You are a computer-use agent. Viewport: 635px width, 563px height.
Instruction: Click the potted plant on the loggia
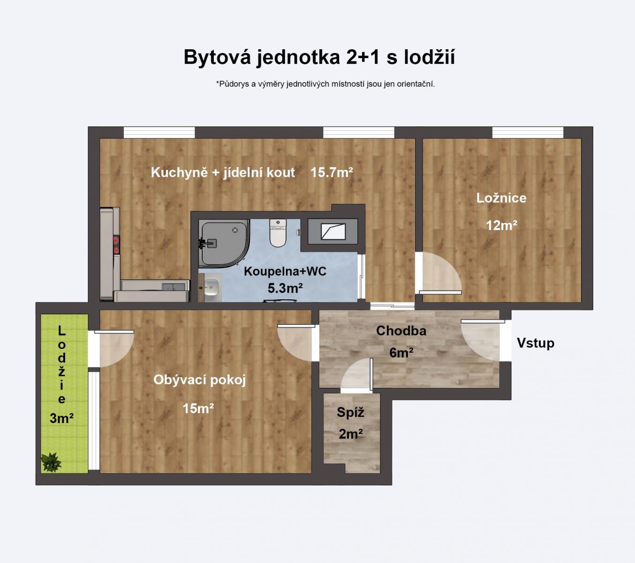(51, 462)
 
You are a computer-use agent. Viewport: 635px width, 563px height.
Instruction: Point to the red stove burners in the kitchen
(115, 245)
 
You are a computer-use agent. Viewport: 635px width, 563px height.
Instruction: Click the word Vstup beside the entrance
(535, 343)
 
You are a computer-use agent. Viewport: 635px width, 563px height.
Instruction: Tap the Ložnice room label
(501, 198)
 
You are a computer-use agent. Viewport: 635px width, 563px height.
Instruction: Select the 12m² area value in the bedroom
(501, 226)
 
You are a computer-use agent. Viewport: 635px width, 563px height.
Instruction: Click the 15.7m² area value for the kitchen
(331, 173)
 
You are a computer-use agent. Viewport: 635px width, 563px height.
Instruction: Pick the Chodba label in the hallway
(401, 331)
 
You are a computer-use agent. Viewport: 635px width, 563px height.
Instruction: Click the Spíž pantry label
(350, 412)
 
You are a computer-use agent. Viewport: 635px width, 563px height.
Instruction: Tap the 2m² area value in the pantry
(350, 434)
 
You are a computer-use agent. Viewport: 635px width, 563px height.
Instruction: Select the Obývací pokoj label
(199, 380)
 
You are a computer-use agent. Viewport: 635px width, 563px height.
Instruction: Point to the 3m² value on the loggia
(61, 418)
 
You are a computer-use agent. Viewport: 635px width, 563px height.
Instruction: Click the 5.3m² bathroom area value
(285, 288)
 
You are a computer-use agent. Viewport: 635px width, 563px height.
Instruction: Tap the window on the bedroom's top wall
(528, 132)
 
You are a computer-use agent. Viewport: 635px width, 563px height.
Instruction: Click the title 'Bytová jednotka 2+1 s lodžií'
(319, 57)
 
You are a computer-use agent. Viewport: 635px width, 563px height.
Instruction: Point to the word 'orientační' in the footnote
(416, 84)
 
